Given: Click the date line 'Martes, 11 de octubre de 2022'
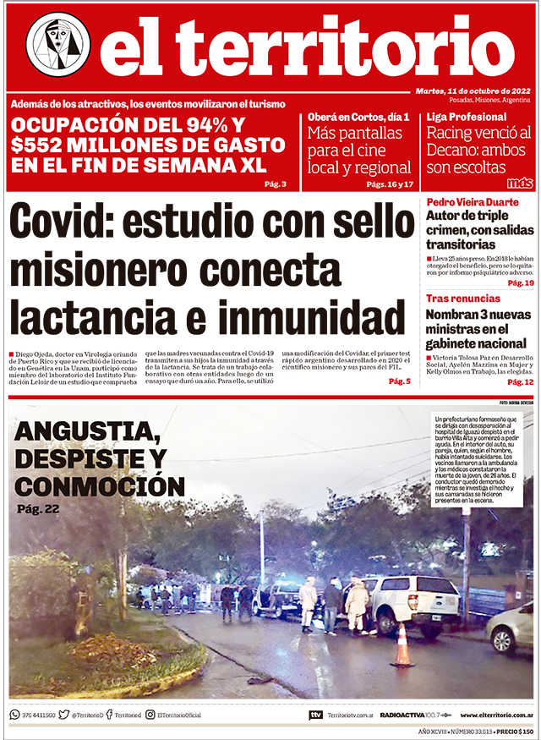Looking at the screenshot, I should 473,90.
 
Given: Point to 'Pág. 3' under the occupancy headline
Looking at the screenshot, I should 276,184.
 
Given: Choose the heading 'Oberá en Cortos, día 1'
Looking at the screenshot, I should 358,117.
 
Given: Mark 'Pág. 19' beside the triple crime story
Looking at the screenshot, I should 521,283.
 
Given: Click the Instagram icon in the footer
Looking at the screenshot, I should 150,715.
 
